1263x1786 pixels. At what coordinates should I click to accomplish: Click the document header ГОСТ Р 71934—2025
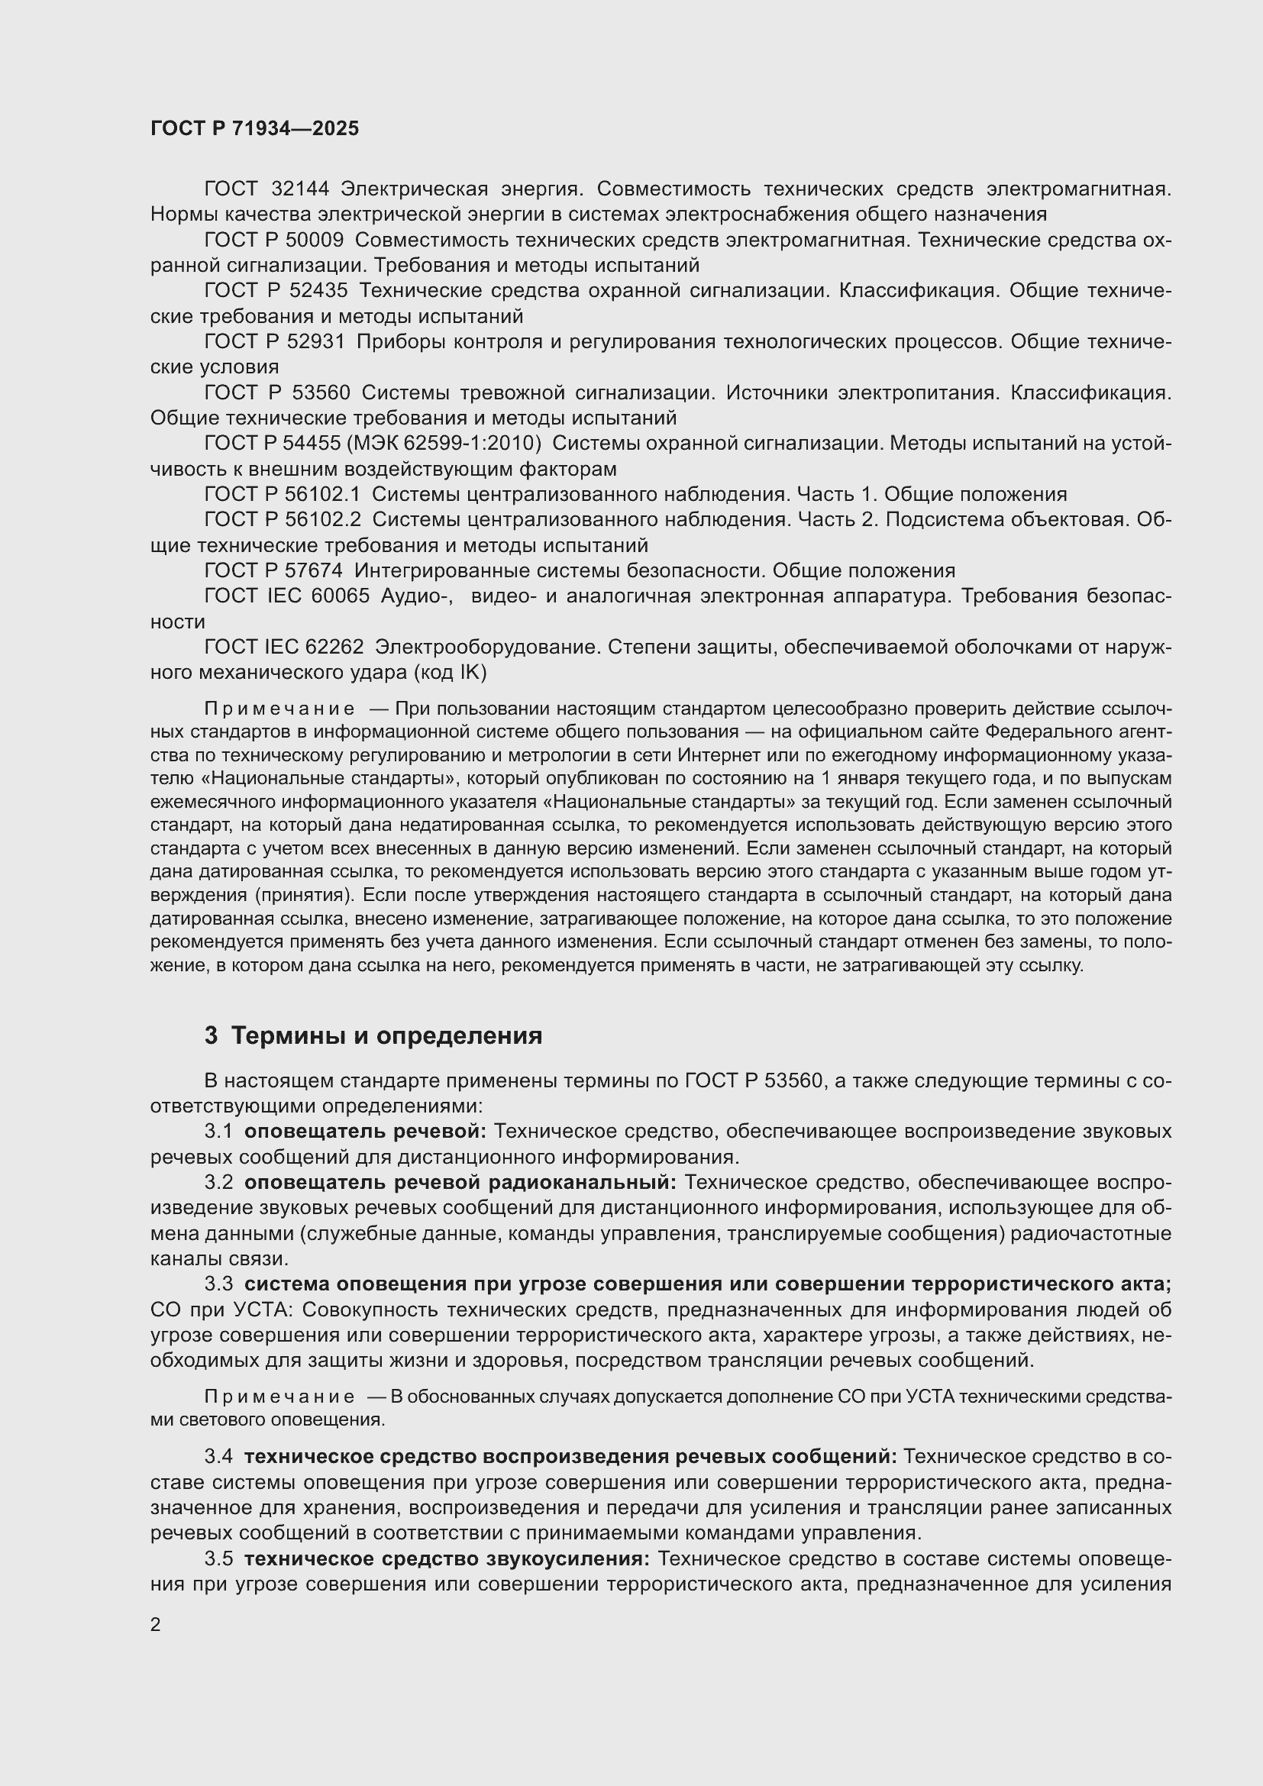254,128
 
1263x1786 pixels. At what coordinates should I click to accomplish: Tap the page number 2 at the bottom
156,1625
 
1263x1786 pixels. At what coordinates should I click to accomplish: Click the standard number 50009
316,241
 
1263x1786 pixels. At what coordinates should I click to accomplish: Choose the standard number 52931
317,342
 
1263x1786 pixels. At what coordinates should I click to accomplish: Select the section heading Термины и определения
386,1036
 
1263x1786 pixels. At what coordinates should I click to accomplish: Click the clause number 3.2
218,1182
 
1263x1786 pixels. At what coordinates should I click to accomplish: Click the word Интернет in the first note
715,755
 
